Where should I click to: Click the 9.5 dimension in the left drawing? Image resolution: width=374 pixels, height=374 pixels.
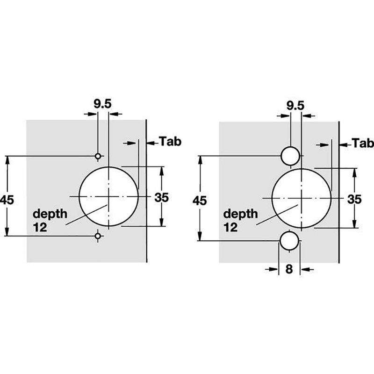(x=102, y=104)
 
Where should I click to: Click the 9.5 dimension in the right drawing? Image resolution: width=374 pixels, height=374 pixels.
(x=295, y=106)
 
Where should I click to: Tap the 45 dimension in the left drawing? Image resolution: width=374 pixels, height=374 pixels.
(x=7, y=200)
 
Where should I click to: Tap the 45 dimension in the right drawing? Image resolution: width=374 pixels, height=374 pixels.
(x=200, y=201)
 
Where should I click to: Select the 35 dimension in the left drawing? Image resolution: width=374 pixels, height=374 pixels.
(x=161, y=197)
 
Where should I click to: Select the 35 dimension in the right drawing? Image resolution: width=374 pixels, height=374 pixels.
(x=354, y=199)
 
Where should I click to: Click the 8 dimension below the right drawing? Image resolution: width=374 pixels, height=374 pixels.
(x=289, y=269)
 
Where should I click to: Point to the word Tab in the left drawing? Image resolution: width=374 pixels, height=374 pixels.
(x=170, y=141)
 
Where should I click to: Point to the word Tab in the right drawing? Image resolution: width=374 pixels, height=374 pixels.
(x=363, y=143)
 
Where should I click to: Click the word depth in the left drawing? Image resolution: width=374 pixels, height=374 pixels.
(x=50, y=214)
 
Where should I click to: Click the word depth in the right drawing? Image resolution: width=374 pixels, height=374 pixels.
(x=240, y=214)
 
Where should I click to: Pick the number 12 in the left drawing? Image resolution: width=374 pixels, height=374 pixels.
(x=40, y=227)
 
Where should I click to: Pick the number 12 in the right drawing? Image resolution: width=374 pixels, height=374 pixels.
(x=230, y=227)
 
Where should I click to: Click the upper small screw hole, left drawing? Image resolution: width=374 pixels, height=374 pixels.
(x=98, y=157)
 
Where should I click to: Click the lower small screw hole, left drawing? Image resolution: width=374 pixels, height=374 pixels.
(x=98, y=236)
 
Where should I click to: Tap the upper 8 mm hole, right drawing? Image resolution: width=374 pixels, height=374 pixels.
(x=290, y=156)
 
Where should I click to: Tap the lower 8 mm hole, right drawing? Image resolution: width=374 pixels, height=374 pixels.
(x=289, y=241)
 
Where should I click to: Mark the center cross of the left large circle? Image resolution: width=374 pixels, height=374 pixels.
(x=108, y=196)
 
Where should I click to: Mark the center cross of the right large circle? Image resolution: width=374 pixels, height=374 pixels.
(x=302, y=198)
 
